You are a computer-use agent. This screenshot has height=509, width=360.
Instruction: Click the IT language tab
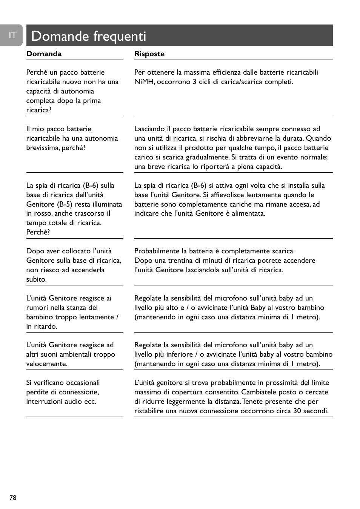tap(12, 35)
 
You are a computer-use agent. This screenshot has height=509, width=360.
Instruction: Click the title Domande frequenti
tap(89, 36)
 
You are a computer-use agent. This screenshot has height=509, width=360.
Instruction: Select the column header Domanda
tap(44, 54)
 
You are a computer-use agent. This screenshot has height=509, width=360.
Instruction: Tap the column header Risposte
tap(149, 54)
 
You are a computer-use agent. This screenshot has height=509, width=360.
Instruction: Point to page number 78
tap(13, 498)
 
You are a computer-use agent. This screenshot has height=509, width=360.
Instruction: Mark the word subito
tap(36, 279)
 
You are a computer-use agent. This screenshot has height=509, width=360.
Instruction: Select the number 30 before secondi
tap(297, 411)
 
